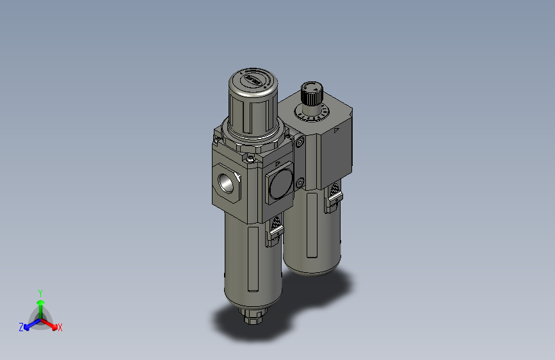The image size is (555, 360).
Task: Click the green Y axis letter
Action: pyautogui.click(x=40, y=291)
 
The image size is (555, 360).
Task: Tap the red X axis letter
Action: pyautogui.click(x=60, y=328)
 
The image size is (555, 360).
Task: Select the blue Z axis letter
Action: pyautogui.click(x=21, y=327)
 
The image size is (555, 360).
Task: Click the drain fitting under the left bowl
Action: pyautogui.click(x=252, y=315)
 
